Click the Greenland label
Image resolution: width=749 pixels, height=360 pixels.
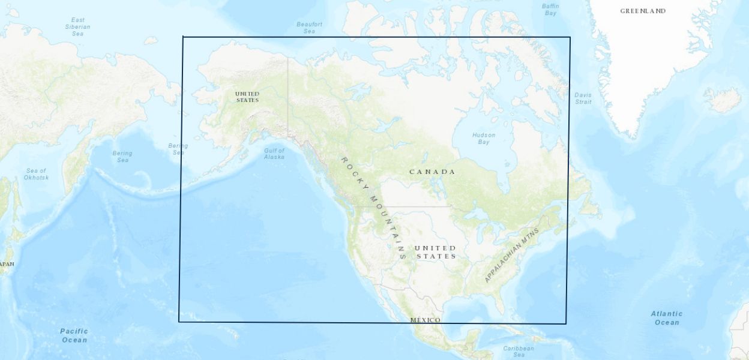(x=643, y=11)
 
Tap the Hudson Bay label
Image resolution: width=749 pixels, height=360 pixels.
(x=484, y=139)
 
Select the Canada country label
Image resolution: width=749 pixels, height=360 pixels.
(x=432, y=172)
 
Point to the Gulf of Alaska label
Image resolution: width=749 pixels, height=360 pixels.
(x=274, y=154)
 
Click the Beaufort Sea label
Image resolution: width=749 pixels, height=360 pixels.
(x=309, y=28)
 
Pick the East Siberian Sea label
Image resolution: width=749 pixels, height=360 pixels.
(x=77, y=26)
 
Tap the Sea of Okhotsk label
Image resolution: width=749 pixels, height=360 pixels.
(x=35, y=174)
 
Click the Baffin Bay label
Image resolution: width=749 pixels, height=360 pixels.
(x=550, y=9)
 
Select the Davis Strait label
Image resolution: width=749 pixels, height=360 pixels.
(x=583, y=98)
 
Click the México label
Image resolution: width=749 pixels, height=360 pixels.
(x=425, y=320)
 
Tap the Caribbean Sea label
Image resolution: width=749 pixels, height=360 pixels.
(x=519, y=351)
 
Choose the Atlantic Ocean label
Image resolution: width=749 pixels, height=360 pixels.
(x=667, y=318)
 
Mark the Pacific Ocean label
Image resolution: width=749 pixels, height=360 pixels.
(x=74, y=335)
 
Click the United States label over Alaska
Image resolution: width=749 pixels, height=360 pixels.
(x=247, y=97)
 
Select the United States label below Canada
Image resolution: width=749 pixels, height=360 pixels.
(x=435, y=252)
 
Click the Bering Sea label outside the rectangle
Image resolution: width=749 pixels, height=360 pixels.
(x=122, y=157)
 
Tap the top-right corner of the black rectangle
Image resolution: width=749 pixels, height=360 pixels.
(x=570, y=37)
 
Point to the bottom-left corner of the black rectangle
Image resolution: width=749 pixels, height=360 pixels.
(x=179, y=322)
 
